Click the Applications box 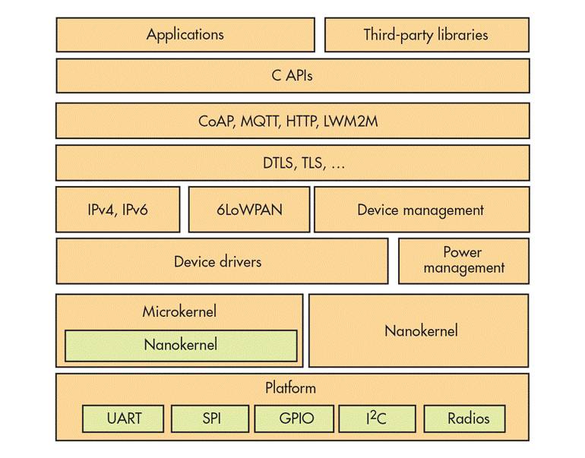tap(185, 34)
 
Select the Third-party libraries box tap(425, 34)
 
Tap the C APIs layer tap(292, 75)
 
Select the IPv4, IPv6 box tap(118, 209)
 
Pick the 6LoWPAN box tap(247, 209)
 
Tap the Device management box tap(420, 209)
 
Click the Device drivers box tap(217, 261)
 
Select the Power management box tap(463, 260)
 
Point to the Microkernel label tap(179, 311)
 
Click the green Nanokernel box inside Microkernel tap(180, 345)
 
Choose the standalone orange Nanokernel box tap(421, 330)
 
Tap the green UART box tap(123, 418)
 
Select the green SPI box tap(209, 418)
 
